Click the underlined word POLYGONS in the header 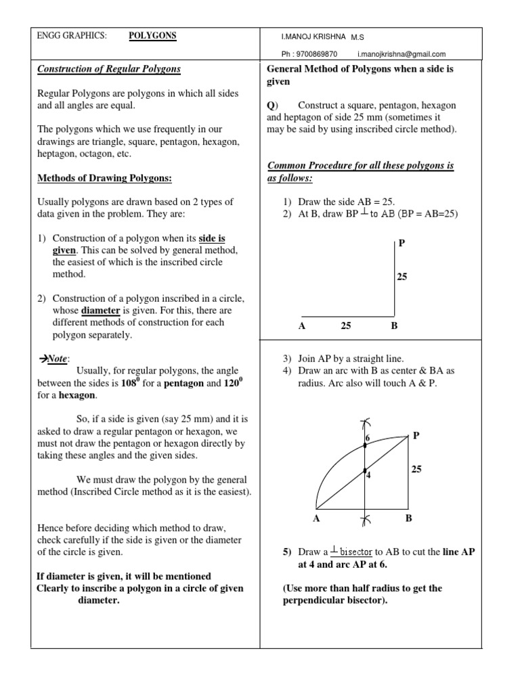(x=152, y=36)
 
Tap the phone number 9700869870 (x=315, y=54)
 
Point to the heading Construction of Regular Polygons (x=109, y=69)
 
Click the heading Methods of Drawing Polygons (x=105, y=178)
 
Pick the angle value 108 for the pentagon (x=127, y=383)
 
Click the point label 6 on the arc (x=368, y=439)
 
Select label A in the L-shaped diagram (x=302, y=326)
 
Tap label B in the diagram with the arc (x=408, y=518)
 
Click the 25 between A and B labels (x=346, y=326)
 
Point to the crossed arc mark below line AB (x=365, y=519)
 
